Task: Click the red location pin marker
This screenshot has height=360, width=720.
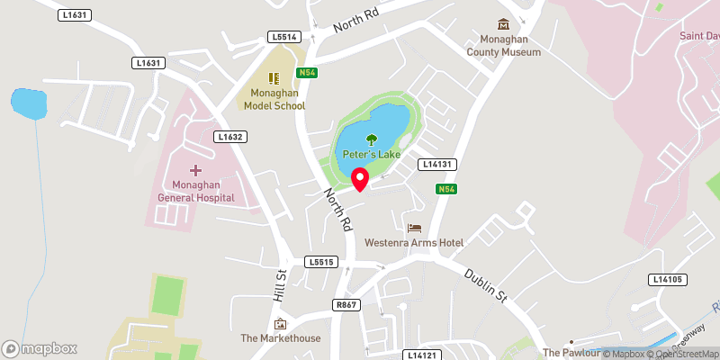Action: click(x=360, y=178)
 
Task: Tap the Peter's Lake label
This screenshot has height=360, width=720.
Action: click(x=371, y=155)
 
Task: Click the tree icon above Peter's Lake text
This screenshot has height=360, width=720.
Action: click(x=371, y=139)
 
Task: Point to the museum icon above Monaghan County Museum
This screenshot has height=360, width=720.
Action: click(x=503, y=24)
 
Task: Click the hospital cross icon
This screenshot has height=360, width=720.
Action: click(x=195, y=169)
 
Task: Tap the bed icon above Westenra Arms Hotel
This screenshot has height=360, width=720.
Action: click(x=414, y=228)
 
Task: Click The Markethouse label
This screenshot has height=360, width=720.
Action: click(x=280, y=338)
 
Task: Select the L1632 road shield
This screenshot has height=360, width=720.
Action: click(x=230, y=137)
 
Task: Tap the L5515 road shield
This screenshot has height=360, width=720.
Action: click(x=320, y=262)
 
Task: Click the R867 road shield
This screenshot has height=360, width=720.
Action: click(x=347, y=305)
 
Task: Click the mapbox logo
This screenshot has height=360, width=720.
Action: click(x=40, y=348)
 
